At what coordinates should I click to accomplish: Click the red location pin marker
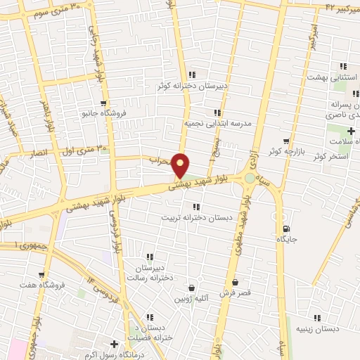[x=181, y=165]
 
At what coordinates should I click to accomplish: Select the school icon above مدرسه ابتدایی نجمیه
[x=218, y=111]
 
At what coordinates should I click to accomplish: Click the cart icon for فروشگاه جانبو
[x=103, y=103]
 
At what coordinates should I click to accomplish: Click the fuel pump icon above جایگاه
[x=286, y=229]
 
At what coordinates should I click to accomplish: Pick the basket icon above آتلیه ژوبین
[x=191, y=288]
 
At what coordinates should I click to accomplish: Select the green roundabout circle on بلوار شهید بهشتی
[x=250, y=178]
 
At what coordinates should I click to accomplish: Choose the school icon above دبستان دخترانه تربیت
[x=195, y=206]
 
